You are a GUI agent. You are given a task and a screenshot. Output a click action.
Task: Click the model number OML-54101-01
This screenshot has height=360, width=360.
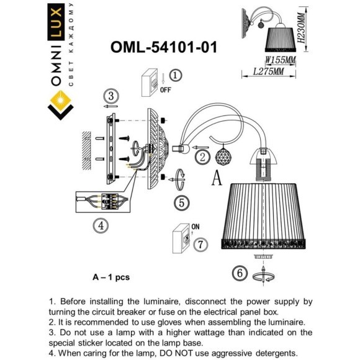point(163,48)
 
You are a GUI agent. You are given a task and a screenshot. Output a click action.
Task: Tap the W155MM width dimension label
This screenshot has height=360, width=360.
point(281,60)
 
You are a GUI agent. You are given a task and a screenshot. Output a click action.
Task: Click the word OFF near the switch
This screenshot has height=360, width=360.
point(165,89)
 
